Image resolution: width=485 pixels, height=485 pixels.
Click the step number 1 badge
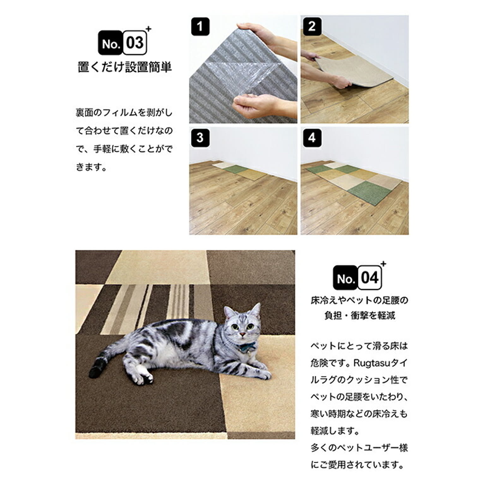[x=200, y=26]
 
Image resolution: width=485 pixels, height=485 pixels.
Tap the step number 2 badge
[x=312, y=26]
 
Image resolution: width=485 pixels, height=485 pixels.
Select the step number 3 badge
[x=200, y=138]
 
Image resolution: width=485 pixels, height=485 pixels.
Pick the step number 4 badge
[x=312, y=138]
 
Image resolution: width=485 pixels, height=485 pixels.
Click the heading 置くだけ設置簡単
[x=125, y=67]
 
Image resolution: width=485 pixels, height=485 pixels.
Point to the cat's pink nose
[x=242, y=333]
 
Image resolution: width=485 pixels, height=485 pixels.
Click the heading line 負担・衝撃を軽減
[x=360, y=315]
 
